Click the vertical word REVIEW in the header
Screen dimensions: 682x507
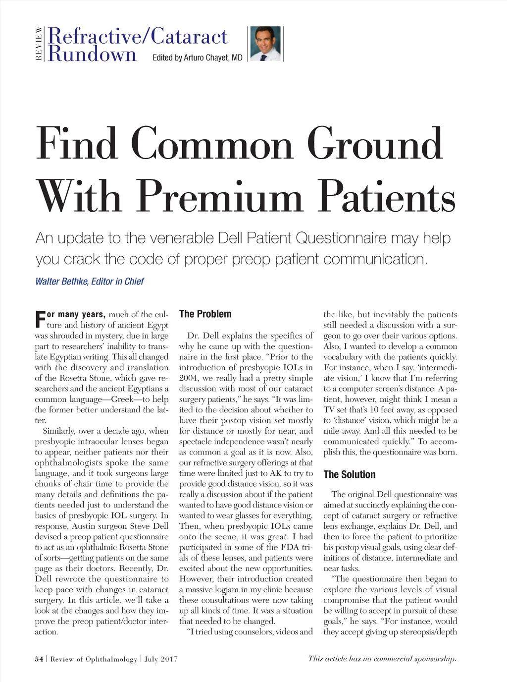[x=38, y=44]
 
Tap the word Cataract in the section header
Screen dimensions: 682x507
[x=189, y=36]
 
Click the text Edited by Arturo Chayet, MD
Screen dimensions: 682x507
[x=197, y=57]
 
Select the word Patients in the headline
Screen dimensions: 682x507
[x=388, y=197]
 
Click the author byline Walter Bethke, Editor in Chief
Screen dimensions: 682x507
[x=90, y=282]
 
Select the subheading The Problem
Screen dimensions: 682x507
[x=205, y=314]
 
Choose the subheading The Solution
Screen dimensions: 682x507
[x=349, y=474]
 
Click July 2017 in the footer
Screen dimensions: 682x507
[x=160, y=659]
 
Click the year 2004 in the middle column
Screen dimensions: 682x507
[x=188, y=378]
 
